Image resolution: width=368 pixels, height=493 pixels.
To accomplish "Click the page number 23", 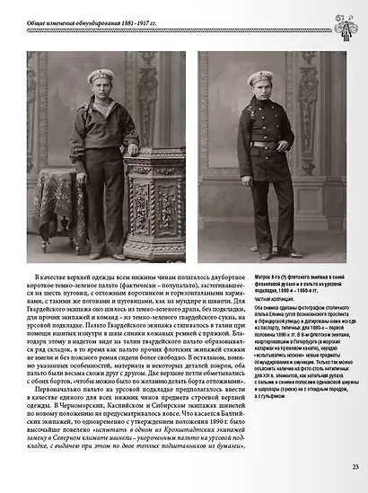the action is point(355,465).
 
